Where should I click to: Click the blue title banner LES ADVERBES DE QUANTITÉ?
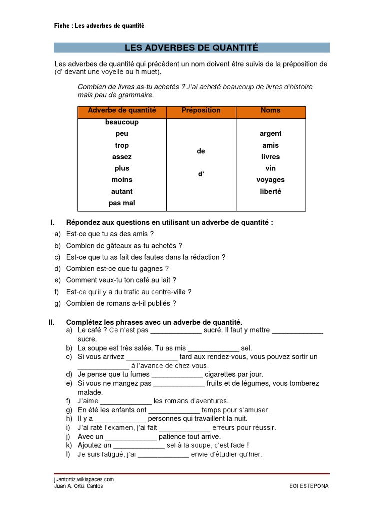pyautogui.click(x=191, y=48)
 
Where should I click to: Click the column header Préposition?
pyautogui.click(x=201, y=110)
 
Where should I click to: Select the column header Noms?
pyautogui.click(x=271, y=110)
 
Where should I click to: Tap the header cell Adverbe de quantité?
pyautogui.click(x=122, y=110)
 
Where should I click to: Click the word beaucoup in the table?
pyautogui.click(x=122, y=122)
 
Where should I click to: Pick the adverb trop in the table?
pyautogui.click(x=122, y=145)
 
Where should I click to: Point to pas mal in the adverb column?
pyautogui.click(x=122, y=203)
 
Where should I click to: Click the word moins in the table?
pyautogui.click(x=122, y=180)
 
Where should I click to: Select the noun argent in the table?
pyautogui.click(x=271, y=134)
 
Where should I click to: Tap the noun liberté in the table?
pyautogui.click(x=271, y=191)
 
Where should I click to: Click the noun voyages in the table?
pyautogui.click(x=271, y=180)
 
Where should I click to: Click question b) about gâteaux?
pyautogui.click(x=124, y=246)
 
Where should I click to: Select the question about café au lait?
pyautogui.click(x=121, y=280)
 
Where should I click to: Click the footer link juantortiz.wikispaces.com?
pyautogui.click(x=84, y=479)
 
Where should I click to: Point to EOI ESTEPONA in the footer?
pyautogui.click(x=309, y=486)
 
